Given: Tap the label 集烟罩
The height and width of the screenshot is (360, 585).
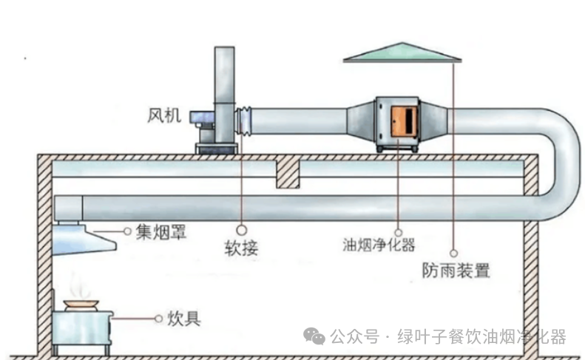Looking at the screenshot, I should tap(160, 232).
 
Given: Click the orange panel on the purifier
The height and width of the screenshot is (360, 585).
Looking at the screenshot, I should tap(403, 121).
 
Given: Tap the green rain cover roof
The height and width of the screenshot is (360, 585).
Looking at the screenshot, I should tap(402, 52).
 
